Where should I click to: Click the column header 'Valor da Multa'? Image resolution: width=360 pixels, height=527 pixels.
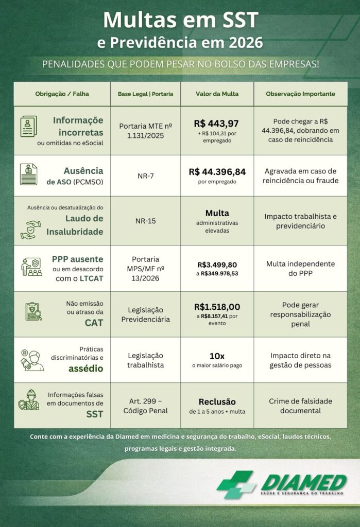(217, 94)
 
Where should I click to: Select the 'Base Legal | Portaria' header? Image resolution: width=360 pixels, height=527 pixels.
(145, 94)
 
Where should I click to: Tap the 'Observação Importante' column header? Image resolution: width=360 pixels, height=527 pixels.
(300, 94)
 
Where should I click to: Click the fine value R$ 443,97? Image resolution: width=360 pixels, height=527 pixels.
(216, 124)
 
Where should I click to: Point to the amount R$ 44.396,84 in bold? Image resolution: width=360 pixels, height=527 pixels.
(217, 171)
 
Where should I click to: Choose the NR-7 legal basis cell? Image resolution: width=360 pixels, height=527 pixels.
(146, 176)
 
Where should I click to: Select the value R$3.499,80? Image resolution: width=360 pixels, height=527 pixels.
(216, 265)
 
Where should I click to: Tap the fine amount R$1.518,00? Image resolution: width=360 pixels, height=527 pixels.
(217, 307)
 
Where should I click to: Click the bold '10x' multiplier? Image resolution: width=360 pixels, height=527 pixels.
(217, 355)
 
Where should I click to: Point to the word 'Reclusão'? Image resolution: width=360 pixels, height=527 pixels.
(217, 401)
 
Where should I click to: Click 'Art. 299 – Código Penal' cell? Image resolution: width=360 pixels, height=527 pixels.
(146, 406)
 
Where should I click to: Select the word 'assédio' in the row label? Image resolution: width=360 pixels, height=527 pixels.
(86, 368)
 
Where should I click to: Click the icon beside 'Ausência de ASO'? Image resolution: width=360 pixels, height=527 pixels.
(29, 174)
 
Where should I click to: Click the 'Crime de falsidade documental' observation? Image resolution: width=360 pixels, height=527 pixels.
(300, 406)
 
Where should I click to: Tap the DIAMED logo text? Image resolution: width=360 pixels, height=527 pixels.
(303, 482)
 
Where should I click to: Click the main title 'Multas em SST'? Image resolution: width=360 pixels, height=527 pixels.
(180, 21)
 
